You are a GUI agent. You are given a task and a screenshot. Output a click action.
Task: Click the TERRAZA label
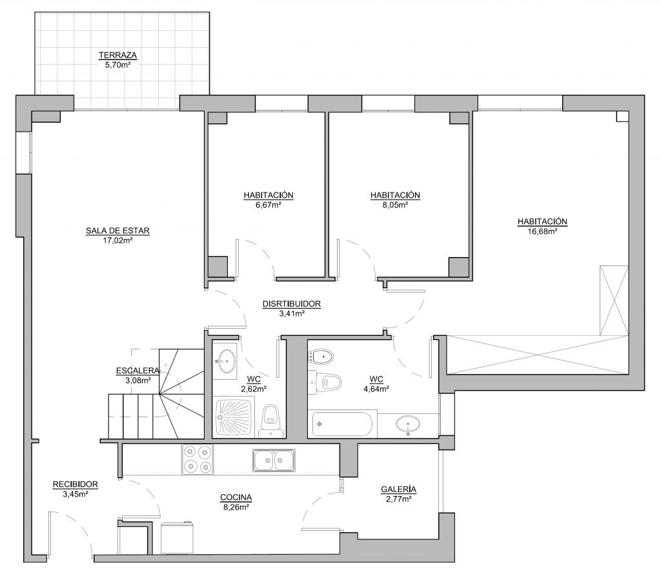pyautogui.click(x=117, y=55)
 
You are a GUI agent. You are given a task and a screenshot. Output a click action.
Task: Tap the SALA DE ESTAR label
pyautogui.click(x=117, y=231)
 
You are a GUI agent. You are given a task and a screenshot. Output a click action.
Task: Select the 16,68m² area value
pyautogui.click(x=542, y=231)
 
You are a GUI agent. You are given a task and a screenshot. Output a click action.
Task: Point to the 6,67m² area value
pyautogui.click(x=269, y=205)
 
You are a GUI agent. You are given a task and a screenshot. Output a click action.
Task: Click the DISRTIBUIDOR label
pyautogui.click(x=292, y=304)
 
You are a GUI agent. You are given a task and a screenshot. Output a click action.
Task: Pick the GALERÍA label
pyautogui.click(x=398, y=490)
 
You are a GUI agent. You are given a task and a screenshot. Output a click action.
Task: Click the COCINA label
pyautogui.click(x=236, y=498)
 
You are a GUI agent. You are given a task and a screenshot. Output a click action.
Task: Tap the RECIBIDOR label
pyautogui.click(x=76, y=484)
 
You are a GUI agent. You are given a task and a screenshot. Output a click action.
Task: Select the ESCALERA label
pyautogui.click(x=138, y=371)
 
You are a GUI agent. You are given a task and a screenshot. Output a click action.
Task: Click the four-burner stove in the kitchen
pyautogui.click(x=198, y=459)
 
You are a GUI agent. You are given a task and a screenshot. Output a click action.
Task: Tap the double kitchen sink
pyautogui.click(x=274, y=460)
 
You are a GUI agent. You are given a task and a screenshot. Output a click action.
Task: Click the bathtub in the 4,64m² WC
pyautogui.click(x=342, y=424)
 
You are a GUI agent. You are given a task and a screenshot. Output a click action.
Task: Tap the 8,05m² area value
pyautogui.click(x=395, y=205)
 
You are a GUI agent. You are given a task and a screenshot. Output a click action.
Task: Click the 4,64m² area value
pyautogui.click(x=376, y=389)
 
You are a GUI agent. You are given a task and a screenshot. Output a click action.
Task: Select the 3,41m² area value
pyautogui.click(x=292, y=313)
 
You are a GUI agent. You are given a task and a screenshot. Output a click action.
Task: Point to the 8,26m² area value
pyautogui.click(x=236, y=508)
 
